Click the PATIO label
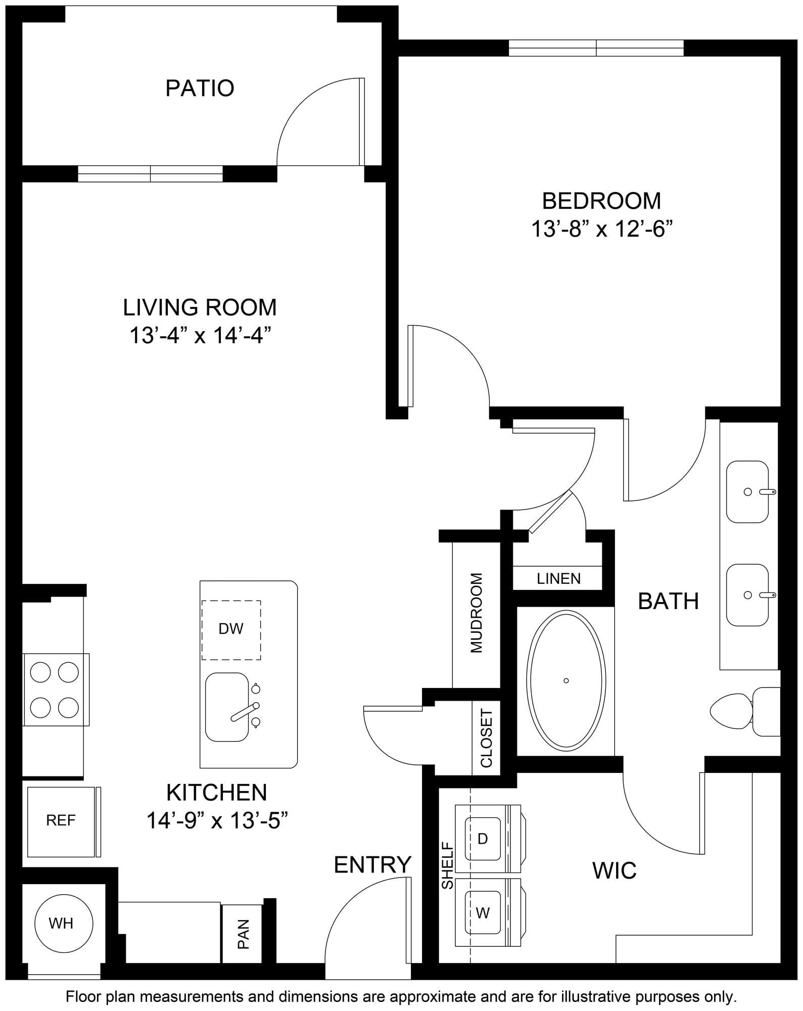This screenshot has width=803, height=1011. [x=200, y=88]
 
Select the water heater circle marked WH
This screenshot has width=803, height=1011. [x=64, y=924]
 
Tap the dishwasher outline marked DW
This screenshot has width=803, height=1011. [x=231, y=630]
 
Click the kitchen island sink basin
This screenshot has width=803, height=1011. [x=227, y=707]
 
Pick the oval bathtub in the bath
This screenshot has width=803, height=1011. [x=566, y=680]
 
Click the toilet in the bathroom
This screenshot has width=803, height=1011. [x=745, y=711]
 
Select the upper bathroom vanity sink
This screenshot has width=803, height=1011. [x=748, y=491]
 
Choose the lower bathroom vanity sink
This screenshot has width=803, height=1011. [x=748, y=595]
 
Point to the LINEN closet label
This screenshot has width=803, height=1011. [x=558, y=578]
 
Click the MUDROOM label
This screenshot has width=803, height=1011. [x=477, y=613]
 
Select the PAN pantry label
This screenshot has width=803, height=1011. [x=244, y=934]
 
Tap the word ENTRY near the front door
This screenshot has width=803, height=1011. [x=372, y=864]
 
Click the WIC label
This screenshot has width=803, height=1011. [x=614, y=870]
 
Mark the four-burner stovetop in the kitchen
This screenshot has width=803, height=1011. [x=55, y=690]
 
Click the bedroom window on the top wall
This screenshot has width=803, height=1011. [x=596, y=48]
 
